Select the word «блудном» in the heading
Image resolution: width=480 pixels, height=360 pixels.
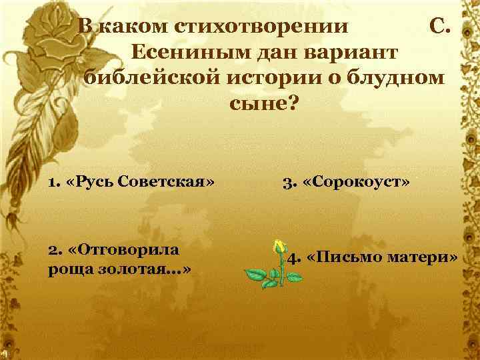[399, 77]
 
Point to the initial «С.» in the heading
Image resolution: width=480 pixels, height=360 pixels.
[442, 27]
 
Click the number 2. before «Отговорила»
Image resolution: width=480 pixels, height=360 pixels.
[53, 249]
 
